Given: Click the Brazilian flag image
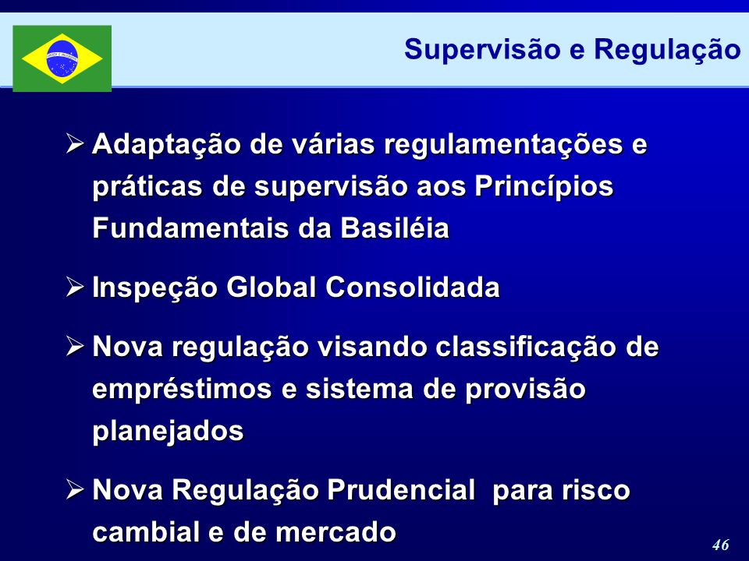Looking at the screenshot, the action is pyautogui.click(x=62, y=58).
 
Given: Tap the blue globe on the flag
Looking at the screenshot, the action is pyautogui.click(x=62, y=58).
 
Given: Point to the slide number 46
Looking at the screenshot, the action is pyautogui.click(x=720, y=545).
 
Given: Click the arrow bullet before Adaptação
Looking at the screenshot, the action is pyautogui.click(x=76, y=143).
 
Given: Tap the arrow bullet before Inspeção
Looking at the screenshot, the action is pyautogui.click(x=76, y=288).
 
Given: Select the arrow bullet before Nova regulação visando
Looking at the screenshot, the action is pyautogui.click(x=76, y=346).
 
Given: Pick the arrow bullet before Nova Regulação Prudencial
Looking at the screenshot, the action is pyautogui.click(x=76, y=490).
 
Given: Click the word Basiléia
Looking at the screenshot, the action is pyautogui.click(x=395, y=228).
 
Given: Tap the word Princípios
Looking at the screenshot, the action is pyautogui.click(x=544, y=186).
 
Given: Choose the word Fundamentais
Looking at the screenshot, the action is pyautogui.click(x=190, y=228).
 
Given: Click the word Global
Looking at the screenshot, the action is pyautogui.click(x=271, y=288).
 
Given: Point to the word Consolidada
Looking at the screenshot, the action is pyautogui.click(x=413, y=288).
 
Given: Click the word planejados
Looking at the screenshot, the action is pyautogui.click(x=169, y=432).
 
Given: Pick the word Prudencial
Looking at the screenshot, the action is pyautogui.click(x=401, y=490).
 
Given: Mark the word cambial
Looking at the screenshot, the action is pyautogui.click(x=146, y=532).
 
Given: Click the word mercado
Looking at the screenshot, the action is pyautogui.click(x=335, y=532).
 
